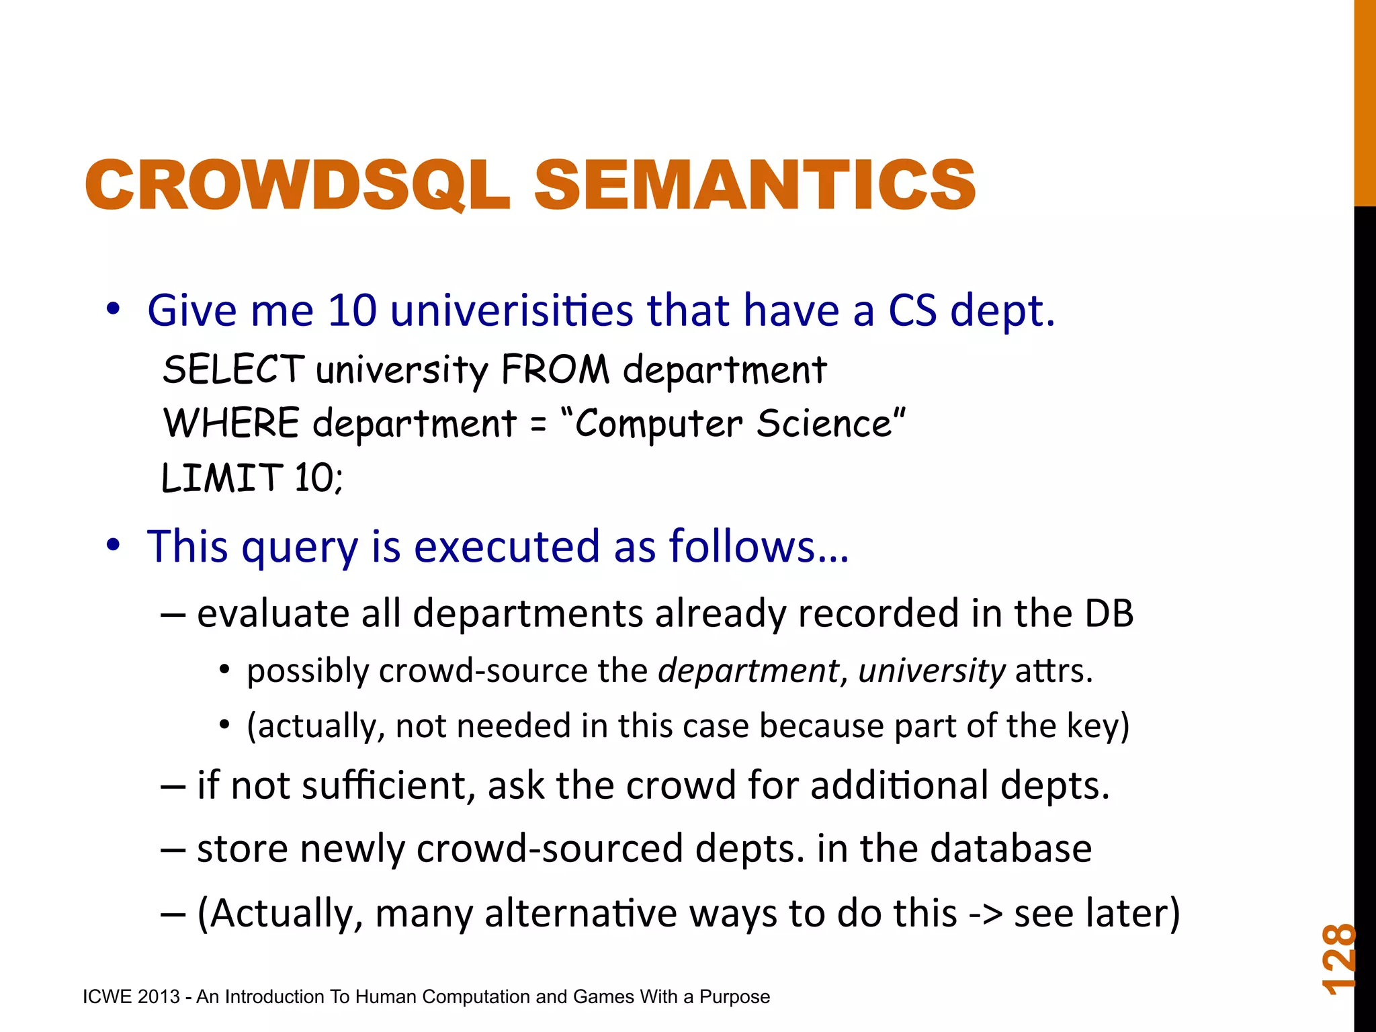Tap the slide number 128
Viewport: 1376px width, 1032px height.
click(1338, 959)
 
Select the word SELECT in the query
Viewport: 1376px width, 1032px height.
click(233, 370)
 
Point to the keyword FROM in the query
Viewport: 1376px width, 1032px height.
click(555, 370)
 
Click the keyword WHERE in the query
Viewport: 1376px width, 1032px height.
click(231, 423)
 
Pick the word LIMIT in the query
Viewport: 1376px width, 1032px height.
click(221, 478)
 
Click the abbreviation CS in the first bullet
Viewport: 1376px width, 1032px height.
click(912, 310)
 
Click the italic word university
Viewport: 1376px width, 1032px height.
click(931, 671)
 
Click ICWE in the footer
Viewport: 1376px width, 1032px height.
click(107, 996)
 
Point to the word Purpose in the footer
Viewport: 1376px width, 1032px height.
click(734, 996)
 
